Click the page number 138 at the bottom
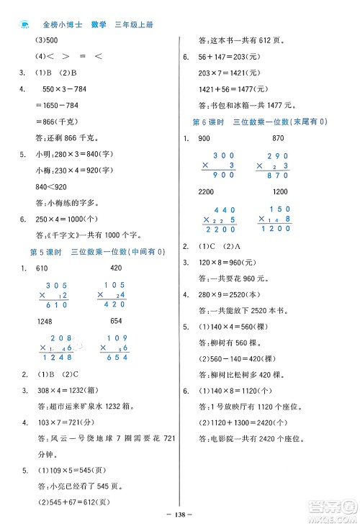click(181, 517)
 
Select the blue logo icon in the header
click(24, 24)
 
